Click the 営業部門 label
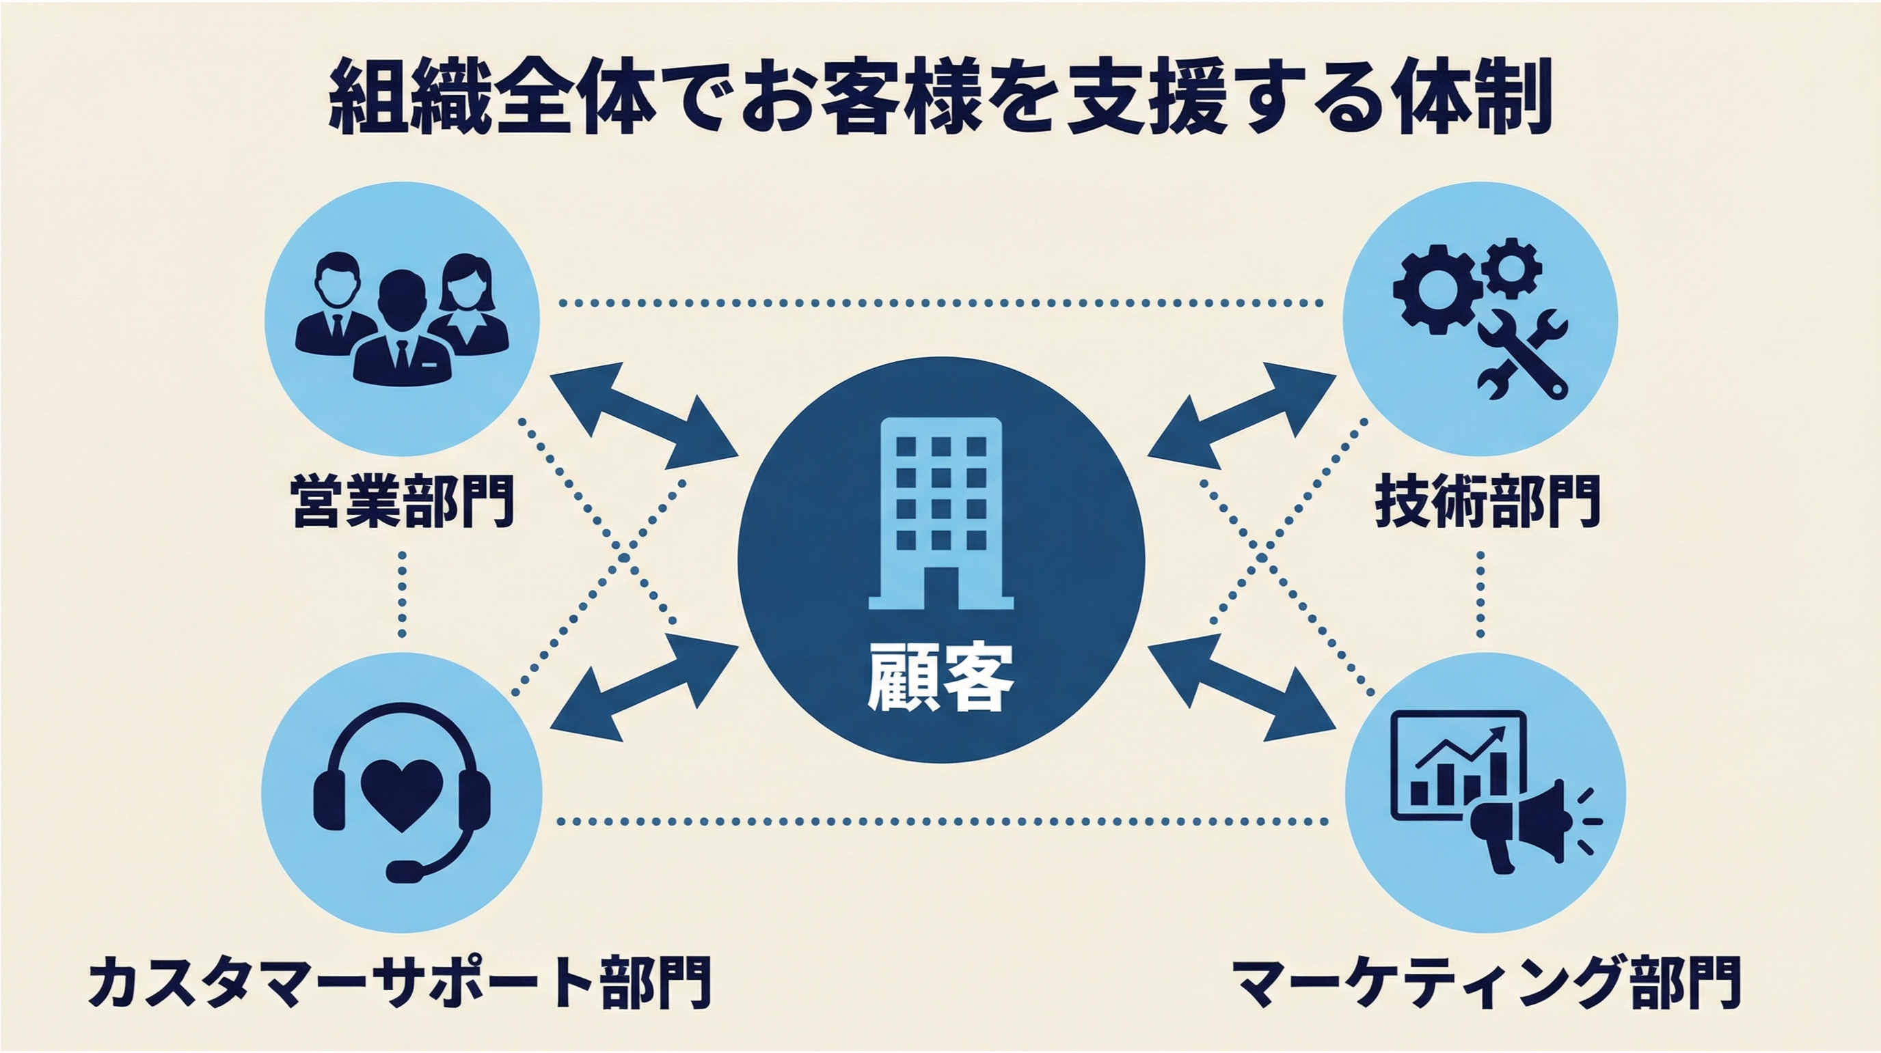point(403,501)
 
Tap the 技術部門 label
point(1487,501)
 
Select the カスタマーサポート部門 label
point(398,981)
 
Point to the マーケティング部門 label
point(1487,981)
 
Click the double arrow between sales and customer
point(643,415)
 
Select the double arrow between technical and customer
point(1242,415)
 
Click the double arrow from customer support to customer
point(643,688)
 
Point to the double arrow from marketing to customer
point(1242,688)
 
